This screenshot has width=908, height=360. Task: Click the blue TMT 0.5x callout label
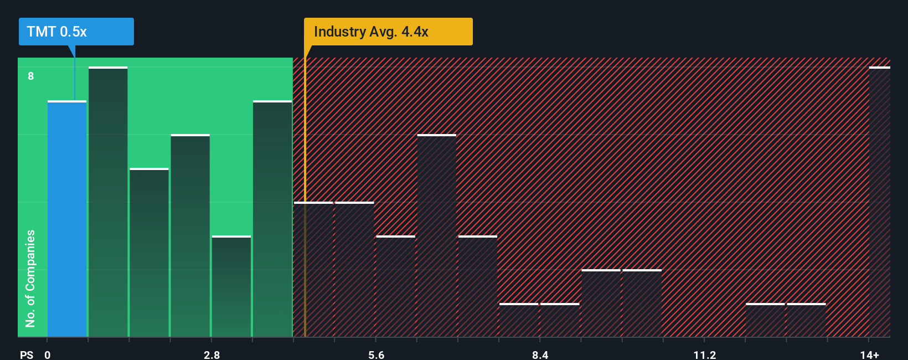(x=76, y=32)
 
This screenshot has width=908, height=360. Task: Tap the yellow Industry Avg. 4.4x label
(x=388, y=32)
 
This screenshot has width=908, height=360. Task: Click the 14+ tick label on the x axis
(x=869, y=354)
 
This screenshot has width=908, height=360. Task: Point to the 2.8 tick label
(x=211, y=354)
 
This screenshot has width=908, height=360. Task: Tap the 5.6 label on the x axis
(x=376, y=354)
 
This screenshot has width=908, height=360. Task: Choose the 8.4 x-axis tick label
(x=540, y=354)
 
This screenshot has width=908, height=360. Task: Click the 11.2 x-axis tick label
(x=704, y=354)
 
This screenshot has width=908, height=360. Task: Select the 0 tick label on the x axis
(x=48, y=354)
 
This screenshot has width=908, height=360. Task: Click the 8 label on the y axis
(x=31, y=76)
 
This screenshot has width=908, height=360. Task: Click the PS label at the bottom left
(x=27, y=354)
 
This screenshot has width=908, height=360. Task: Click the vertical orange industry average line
(x=305, y=222)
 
